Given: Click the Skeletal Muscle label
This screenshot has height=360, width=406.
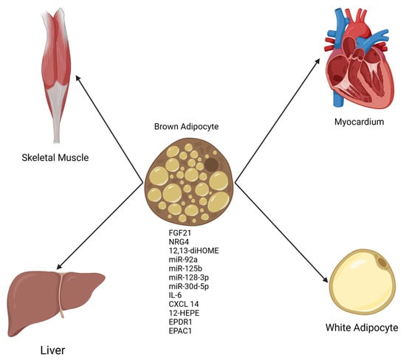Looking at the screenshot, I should coord(51,157).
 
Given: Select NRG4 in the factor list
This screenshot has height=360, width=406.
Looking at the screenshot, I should coord(179,243).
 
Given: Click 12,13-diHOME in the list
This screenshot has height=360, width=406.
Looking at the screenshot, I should coord(193,251).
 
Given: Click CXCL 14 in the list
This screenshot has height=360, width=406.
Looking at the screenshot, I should coord(184,303).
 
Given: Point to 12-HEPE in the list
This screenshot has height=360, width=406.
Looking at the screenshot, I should coord(184,311).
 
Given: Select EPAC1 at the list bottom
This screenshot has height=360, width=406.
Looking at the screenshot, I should coord(181,329).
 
